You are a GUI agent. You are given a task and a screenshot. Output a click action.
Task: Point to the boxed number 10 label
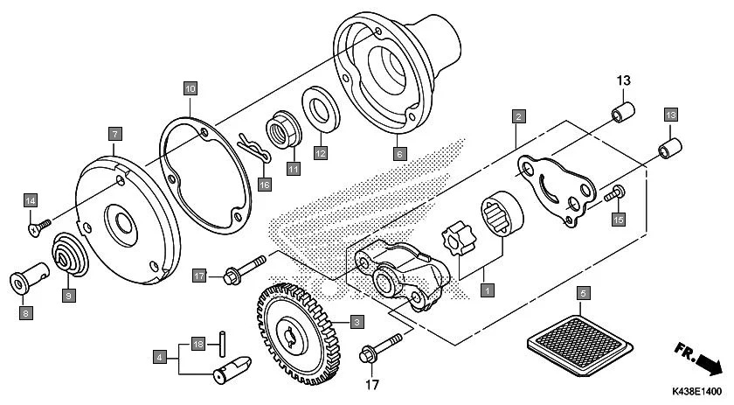coord(190,87)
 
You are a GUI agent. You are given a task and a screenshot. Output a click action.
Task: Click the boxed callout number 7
coord(114,134)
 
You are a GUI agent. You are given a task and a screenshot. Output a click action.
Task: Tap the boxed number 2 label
coord(518,115)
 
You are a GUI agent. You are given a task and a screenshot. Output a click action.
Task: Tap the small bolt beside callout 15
coord(614,194)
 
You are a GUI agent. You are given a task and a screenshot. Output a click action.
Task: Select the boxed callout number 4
coord(160,357)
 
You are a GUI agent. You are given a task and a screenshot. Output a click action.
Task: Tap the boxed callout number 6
coord(400,154)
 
